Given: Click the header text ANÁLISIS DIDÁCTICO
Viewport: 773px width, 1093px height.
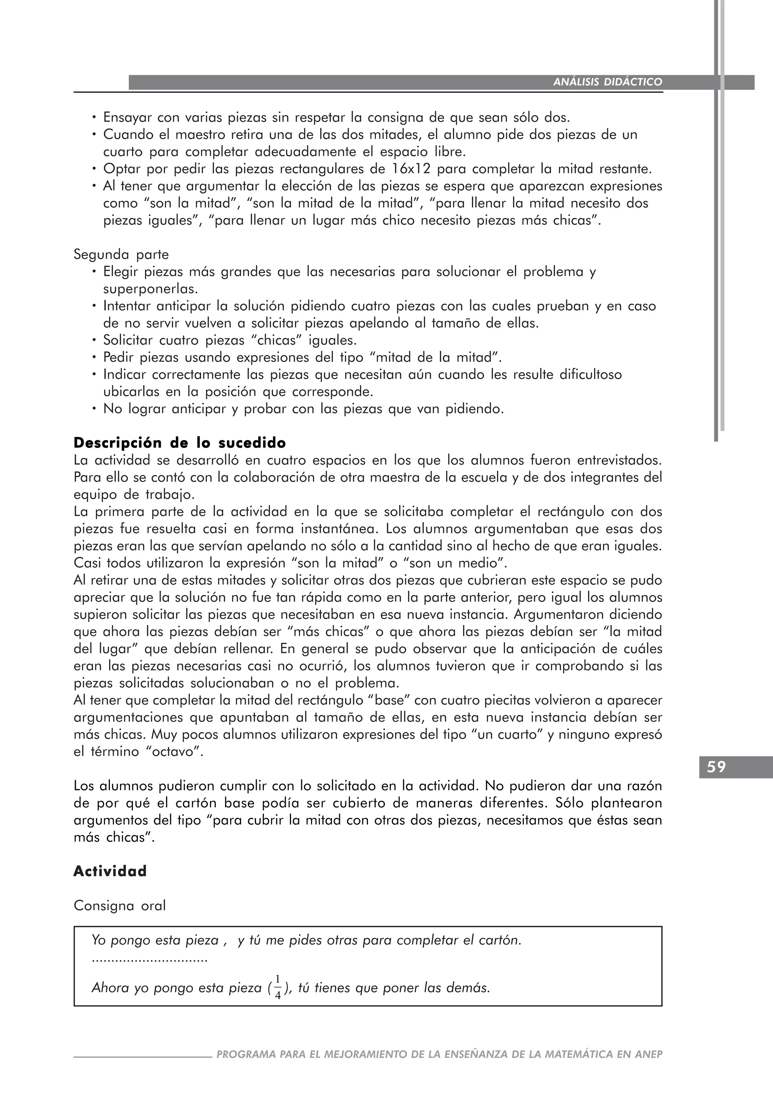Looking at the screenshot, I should pyautogui.click(x=607, y=82).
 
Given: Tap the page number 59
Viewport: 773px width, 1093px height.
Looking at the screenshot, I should pyautogui.click(x=716, y=767).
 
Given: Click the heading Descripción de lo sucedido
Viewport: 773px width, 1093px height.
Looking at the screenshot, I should pyautogui.click(x=179, y=443).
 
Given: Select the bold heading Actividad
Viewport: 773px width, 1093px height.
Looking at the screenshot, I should pyautogui.click(x=110, y=871).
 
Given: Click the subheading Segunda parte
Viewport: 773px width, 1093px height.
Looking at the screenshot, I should pyautogui.click(x=121, y=255).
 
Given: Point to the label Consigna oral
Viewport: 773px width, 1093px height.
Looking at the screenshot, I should pyautogui.click(x=120, y=905).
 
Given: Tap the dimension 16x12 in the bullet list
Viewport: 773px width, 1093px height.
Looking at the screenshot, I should pyautogui.click(x=412, y=169).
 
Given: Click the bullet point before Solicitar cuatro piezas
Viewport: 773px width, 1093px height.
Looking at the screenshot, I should pyautogui.click(x=94, y=340).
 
